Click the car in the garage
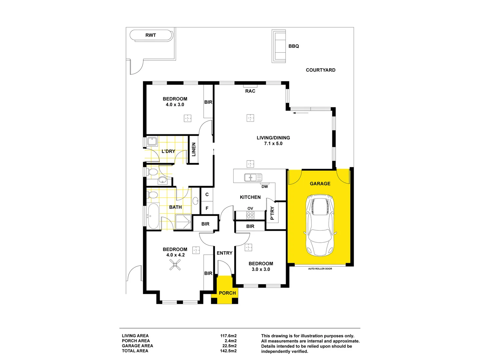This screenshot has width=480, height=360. click(x=320, y=226)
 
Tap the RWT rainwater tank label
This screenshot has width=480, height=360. click(x=151, y=35)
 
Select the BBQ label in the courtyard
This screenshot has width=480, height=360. click(x=294, y=46)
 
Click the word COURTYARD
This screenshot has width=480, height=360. click(x=321, y=70)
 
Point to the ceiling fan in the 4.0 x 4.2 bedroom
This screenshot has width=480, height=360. click(x=175, y=265)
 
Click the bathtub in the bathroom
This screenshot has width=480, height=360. click(x=153, y=216)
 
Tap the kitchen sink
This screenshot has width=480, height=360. click(x=253, y=177)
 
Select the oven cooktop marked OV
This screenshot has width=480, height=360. click(x=250, y=215)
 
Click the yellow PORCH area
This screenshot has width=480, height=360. click(x=227, y=290)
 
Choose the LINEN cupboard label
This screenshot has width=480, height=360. click(x=194, y=149)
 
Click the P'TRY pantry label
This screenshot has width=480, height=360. click(x=272, y=213)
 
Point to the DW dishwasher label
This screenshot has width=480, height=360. click(x=265, y=187)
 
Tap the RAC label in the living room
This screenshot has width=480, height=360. click(x=250, y=91)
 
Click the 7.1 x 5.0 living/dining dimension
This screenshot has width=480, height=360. click(x=273, y=144)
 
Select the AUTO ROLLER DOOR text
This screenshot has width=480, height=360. click(x=320, y=269)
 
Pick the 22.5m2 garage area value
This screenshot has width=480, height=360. click(x=229, y=346)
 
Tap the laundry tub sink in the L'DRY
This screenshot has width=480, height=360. click(x=152, y=141)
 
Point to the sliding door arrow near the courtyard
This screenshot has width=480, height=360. click(x=301, y=113)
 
